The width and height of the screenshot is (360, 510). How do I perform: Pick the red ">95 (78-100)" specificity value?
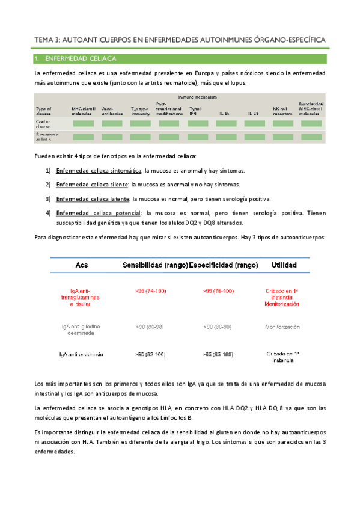218,291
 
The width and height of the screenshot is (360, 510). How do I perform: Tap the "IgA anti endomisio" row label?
82,354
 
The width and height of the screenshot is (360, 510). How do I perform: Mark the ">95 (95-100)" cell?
218,354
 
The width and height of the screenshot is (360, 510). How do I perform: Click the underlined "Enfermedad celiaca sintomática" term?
99,171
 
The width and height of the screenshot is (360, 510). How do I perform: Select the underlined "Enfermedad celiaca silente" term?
92,185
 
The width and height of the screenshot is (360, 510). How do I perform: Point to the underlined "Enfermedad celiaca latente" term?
93,198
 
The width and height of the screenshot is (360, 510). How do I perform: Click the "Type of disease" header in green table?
45,111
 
